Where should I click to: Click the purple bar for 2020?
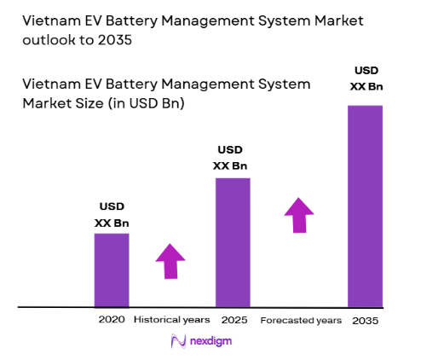coord(111,269)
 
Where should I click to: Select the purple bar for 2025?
coord(233,241)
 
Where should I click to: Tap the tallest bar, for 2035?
coord(365,205)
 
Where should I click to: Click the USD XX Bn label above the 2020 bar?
coord(111,214)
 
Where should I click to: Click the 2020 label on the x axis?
coord(111,320)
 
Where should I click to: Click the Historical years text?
coord(171,320)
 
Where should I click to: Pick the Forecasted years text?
coord(301,320)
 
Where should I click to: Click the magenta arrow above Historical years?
coord(170,261)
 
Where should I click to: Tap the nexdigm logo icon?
coord(179,341)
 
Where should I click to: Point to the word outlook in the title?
coord(49,39)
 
